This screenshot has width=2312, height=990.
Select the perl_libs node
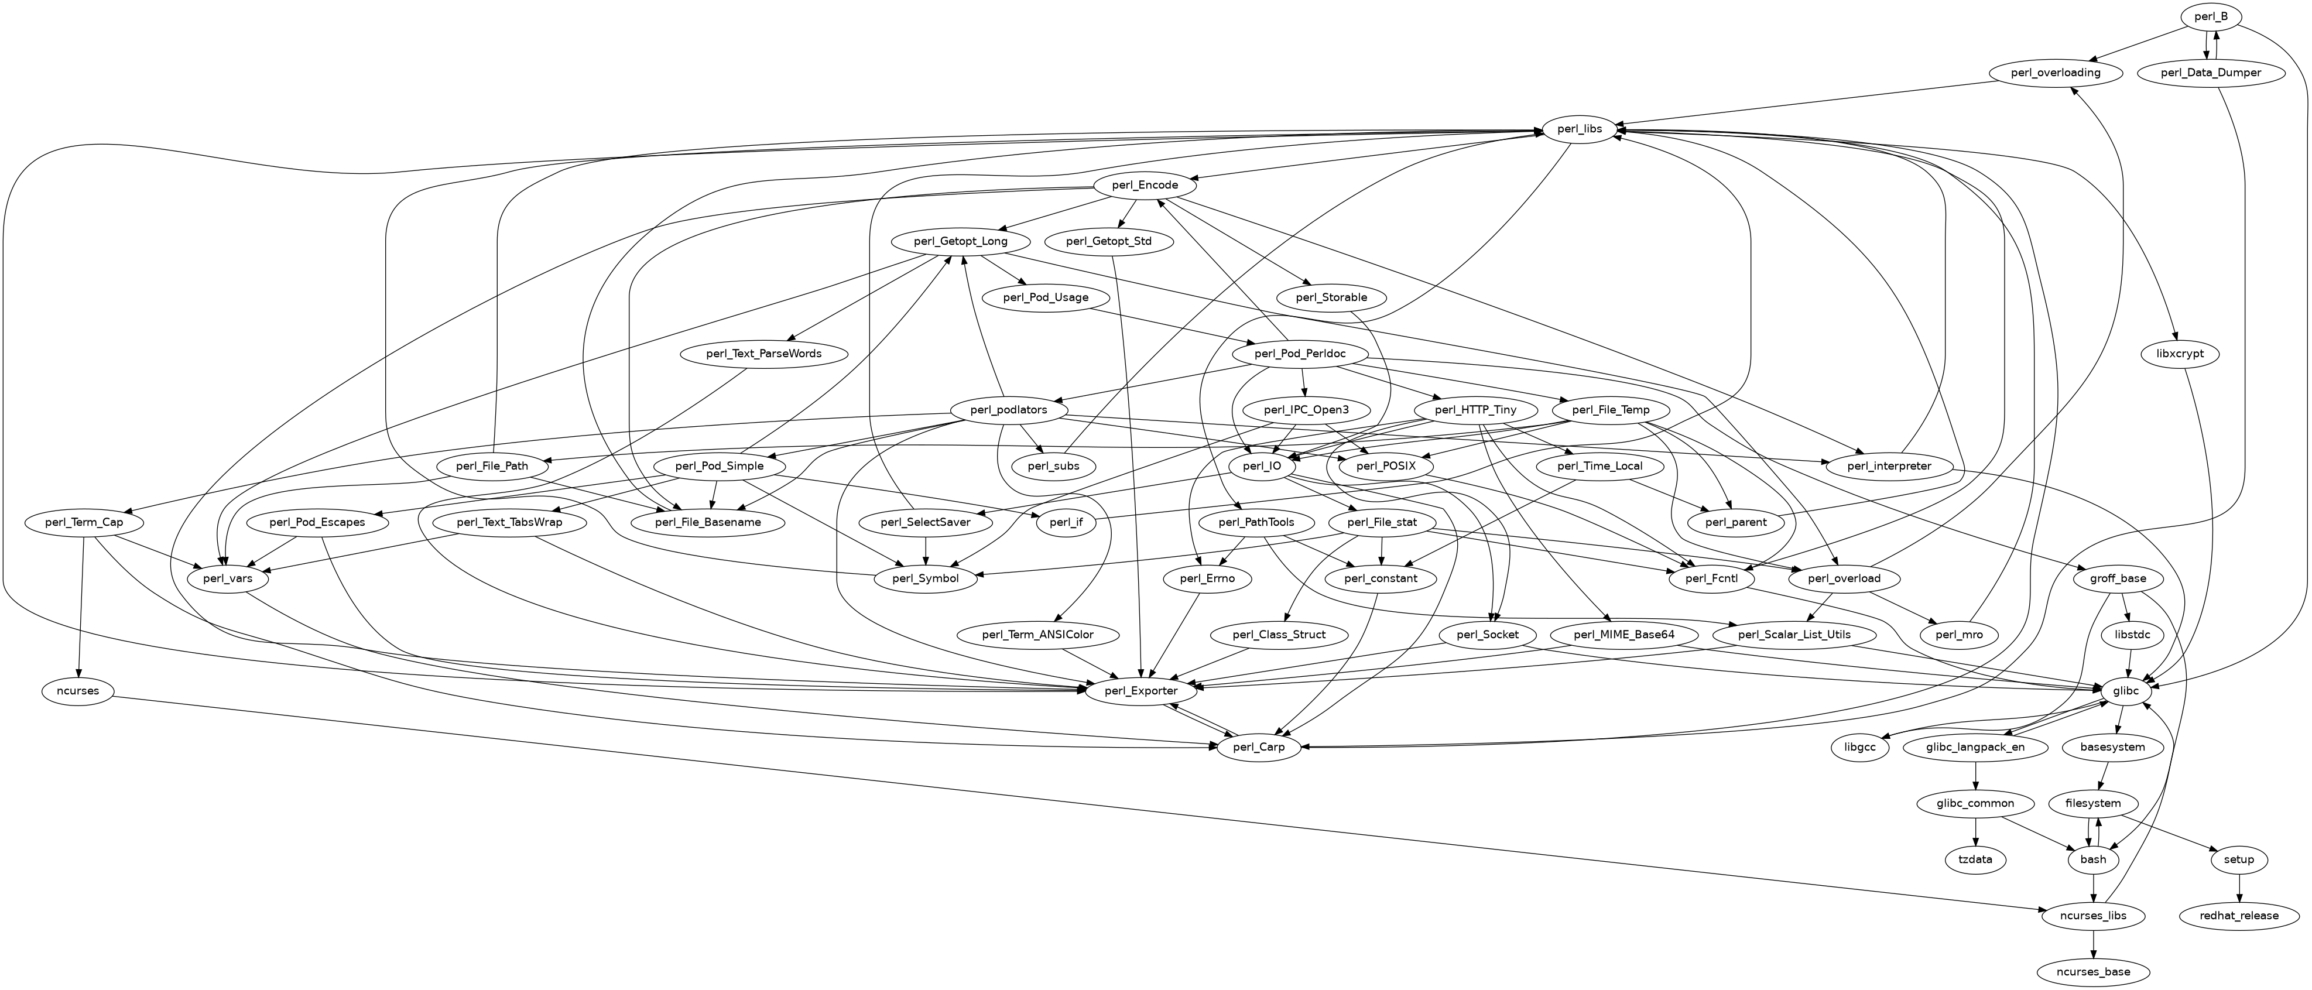[1580, 130]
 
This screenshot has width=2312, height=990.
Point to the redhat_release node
[2239, 916]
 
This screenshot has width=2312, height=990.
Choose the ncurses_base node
[2094, 972]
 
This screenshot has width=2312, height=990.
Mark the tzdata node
[1975, 860]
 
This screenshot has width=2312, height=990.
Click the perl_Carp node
[1258, 748]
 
